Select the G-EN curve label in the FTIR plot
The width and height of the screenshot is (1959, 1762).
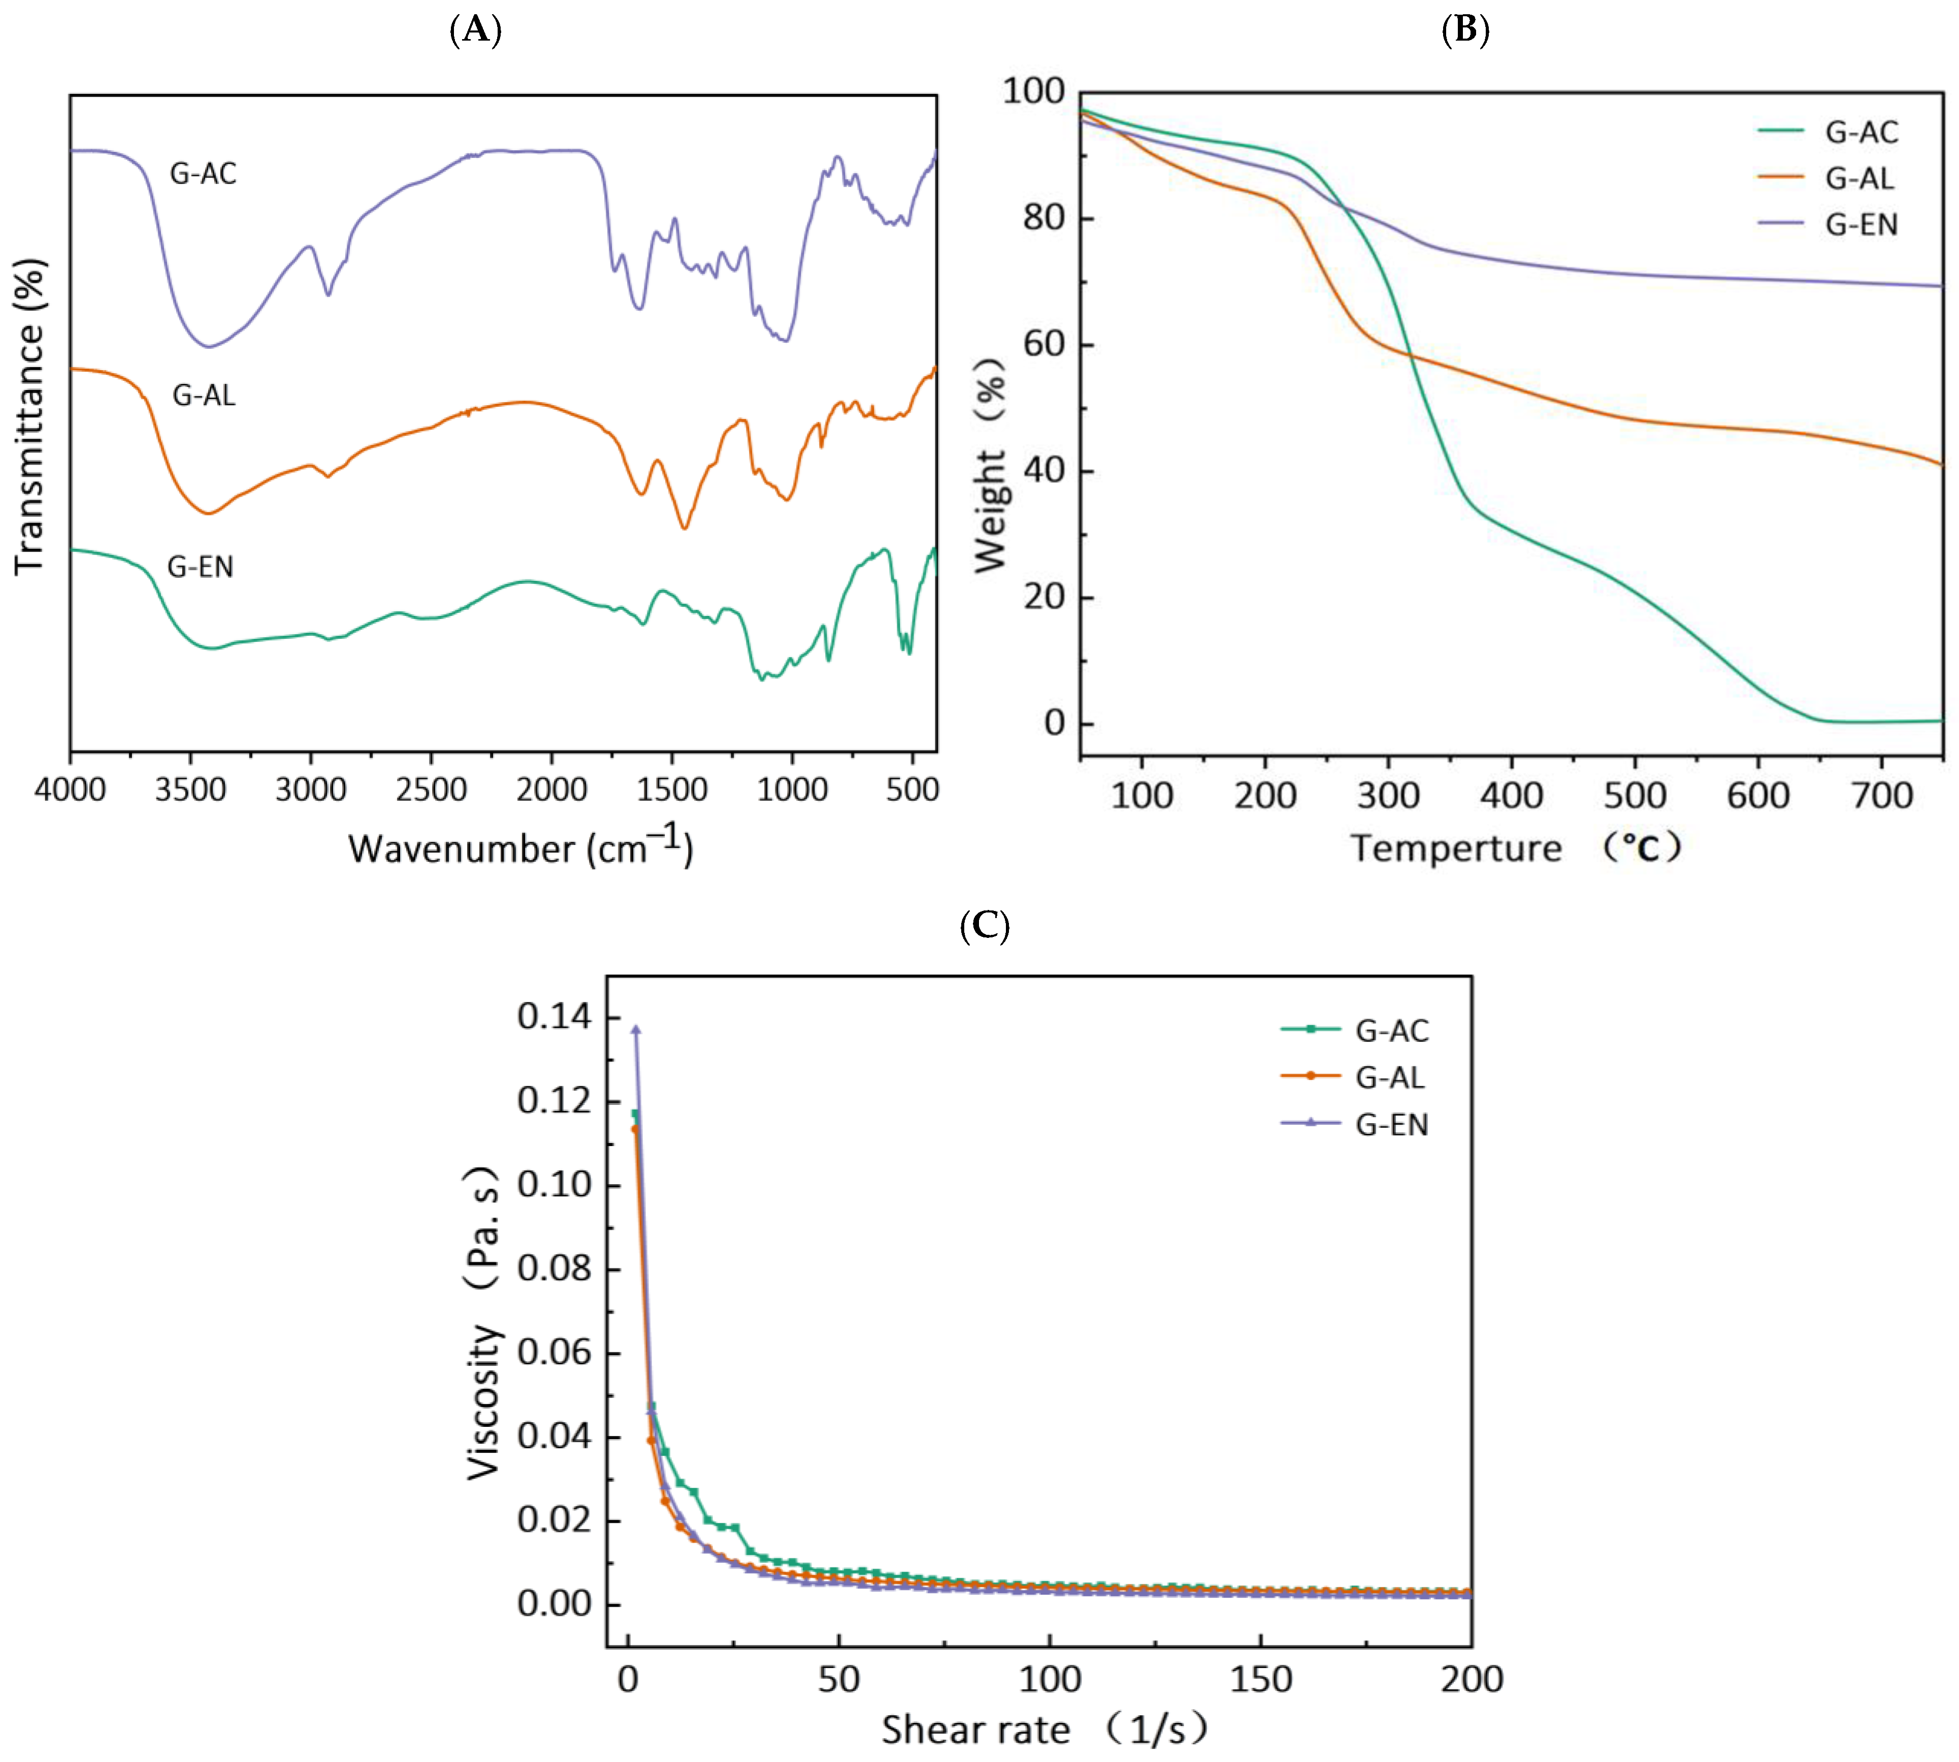201,566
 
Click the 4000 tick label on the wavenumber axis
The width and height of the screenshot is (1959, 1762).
70,790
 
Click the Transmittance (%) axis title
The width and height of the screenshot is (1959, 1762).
30,416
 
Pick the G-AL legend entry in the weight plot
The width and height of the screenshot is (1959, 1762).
1858,178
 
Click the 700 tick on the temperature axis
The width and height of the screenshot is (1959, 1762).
1882,796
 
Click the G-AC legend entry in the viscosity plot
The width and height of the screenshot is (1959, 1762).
1391,1030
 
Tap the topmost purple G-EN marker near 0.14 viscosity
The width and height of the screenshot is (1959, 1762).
636,1029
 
